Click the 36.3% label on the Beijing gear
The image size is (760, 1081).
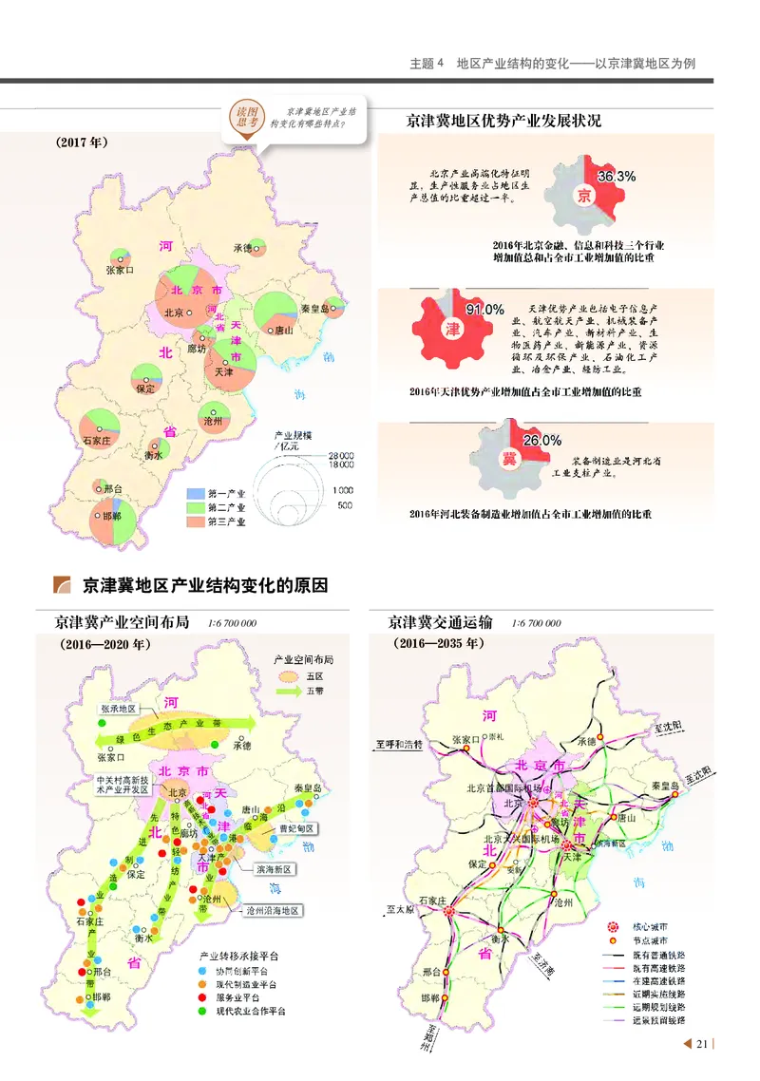point(616,177)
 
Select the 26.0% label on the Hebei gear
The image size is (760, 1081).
point(541,441)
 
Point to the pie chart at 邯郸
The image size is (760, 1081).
point(111,525)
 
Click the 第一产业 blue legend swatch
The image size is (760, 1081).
point(195,494)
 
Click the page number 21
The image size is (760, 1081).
point(702,1045)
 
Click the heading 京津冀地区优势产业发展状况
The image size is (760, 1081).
point(503,122)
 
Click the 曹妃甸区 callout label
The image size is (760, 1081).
point(294,828)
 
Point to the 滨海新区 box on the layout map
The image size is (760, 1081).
point(274,869)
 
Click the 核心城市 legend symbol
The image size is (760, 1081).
point(613,924)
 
